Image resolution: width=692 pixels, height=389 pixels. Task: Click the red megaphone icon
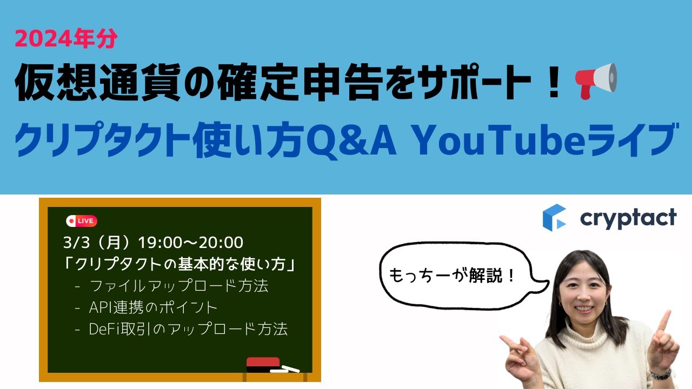pyautogui.click(x=597, y=81)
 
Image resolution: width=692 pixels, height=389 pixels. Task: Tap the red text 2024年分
pyautogui.click(x=66, y=38)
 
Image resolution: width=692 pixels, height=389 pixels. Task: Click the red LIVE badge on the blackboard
pyautogui.click(x=82, y=221)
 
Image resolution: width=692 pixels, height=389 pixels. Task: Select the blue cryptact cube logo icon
pyautogui.click(x=554, y=217)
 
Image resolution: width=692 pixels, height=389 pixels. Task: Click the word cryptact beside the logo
pyautogui.click(x=628, y=218)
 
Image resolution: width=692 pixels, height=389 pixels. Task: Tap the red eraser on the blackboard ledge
pyautogui.click(x=263, y=364)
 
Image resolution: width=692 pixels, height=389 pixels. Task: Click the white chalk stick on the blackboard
pyautogui.click(x=284, y=370)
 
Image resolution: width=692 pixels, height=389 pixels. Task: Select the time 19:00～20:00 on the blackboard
pyautogui.click(x=191, y=243)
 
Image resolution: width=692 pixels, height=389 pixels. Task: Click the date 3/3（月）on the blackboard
pyautogui.click(x=98, y=243)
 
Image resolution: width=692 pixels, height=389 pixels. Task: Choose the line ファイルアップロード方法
pyautogui.click(x=179, y=286)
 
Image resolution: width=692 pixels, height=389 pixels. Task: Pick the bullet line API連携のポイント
pyautogui.click(x=153, y=307)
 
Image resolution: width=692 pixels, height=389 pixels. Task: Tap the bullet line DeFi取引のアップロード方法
pyautogui.click(x=188, y=329)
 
